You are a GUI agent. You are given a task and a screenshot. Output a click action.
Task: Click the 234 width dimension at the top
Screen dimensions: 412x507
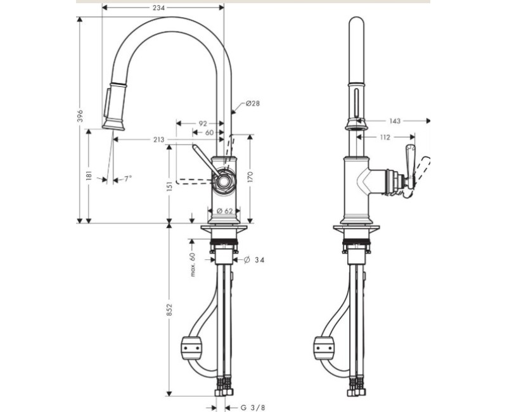click(158, 8)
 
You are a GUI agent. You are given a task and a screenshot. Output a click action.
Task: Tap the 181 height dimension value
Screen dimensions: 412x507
click(89, 175)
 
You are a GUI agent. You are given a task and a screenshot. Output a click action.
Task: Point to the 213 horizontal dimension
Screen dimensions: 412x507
click(158, 139)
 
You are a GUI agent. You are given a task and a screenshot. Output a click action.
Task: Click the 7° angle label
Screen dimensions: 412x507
click(128, 179)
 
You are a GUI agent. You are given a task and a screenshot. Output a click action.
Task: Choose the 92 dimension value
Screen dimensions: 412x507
click(203, 124)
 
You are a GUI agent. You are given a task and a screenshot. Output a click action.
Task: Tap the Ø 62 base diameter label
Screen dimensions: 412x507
click(224, 211)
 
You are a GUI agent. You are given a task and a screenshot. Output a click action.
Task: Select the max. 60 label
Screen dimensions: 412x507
click(193, 263)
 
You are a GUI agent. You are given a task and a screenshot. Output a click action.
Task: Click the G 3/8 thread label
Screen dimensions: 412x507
click(253, 407)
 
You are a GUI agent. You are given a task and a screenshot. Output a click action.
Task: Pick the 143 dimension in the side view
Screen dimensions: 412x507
click(395, 120)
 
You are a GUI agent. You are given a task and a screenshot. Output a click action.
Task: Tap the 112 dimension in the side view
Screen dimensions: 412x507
click(385, 136)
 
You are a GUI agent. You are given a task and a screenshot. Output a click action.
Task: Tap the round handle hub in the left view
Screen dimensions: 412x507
click(223, 182)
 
